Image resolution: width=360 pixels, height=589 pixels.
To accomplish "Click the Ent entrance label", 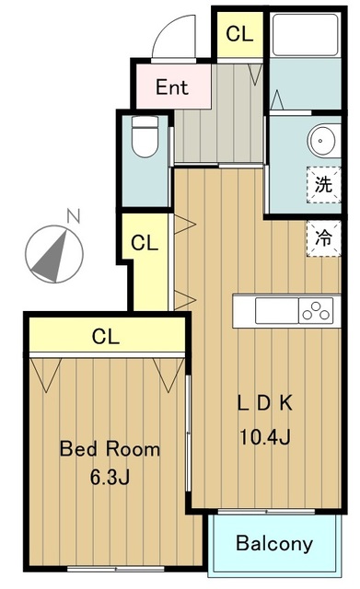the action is point(172,87).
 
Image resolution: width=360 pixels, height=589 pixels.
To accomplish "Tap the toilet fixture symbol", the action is point(145,136).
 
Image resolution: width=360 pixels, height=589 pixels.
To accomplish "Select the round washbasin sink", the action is point(322,141).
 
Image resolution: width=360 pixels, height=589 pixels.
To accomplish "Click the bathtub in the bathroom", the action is point(305,35).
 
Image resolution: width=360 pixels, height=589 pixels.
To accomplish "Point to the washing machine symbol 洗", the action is point(323,185).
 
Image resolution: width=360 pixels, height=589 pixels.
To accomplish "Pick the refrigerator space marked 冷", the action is point(323,238).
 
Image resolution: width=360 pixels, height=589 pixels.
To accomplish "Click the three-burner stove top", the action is point(316,311).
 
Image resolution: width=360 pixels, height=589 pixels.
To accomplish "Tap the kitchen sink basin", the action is point(277,311).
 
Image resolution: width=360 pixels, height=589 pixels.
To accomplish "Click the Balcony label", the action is point(274,544).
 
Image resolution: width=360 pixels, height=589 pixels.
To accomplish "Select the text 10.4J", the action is point(264,436).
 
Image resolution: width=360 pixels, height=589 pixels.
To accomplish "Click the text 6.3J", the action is point(110,477).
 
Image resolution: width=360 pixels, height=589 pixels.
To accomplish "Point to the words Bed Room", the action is point(110,449).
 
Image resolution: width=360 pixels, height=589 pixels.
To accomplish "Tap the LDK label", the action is point(265,403).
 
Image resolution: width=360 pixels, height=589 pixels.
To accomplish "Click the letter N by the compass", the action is point(74,216).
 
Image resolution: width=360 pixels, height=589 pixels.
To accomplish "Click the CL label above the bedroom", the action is point(106,336).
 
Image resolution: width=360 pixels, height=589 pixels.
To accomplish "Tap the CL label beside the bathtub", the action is point(239,34).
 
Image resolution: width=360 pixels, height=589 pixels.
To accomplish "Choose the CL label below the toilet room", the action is point(145,243).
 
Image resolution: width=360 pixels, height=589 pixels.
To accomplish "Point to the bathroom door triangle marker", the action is point(277,100).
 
